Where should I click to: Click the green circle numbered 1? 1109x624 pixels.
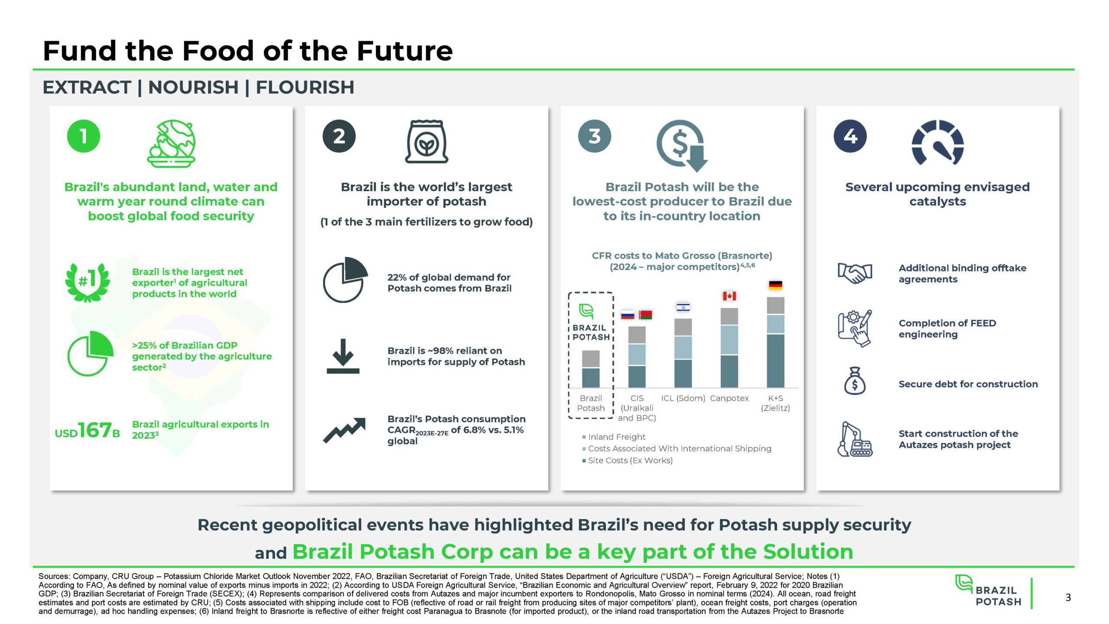pos(84,136)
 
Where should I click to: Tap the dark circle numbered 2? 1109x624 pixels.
pos(339,136)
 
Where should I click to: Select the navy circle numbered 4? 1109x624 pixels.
pos(850,136)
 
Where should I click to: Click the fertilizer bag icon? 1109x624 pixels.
pos(426,141)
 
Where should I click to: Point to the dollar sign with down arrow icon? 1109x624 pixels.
pos(681,145)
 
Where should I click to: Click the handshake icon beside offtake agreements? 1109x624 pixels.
pos(855,273)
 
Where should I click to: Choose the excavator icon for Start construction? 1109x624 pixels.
pos(855,439)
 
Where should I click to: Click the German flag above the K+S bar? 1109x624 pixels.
pos(775,285)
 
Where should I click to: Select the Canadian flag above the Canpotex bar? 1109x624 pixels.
pos(730,296)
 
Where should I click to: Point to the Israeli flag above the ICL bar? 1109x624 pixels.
pos(683,307)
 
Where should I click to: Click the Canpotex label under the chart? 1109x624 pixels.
pos(729,398)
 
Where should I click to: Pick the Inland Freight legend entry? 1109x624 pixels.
pos(613,437)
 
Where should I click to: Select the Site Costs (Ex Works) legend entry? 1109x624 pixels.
pos(627,460)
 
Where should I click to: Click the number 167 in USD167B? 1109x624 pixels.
pos(95,430)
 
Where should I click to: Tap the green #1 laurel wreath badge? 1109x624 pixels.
pos(88,282)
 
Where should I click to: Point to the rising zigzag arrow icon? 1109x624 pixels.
pos(344,430)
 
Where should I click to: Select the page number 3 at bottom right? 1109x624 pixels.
pos(1068,598)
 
